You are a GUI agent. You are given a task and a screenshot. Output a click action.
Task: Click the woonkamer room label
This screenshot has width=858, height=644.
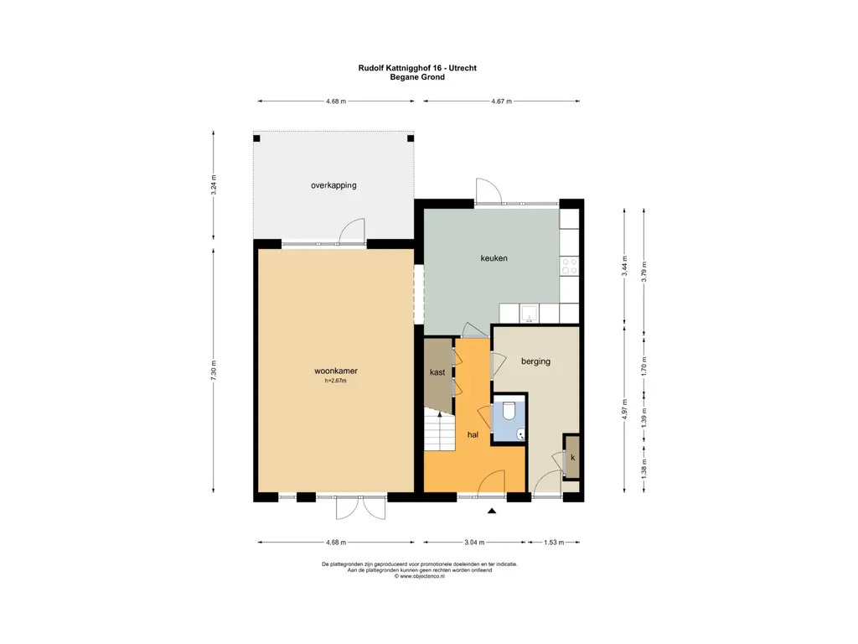pyautogui.click(x=335, y=371)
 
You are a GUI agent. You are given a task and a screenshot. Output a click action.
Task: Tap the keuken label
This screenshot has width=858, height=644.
pyautogui.click(x=494, y=258)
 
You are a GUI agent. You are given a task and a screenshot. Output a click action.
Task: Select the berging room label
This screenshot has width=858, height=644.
pyautogui.click(x=535, y=361)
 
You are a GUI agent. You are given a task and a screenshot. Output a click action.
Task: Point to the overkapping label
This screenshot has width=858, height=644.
pyautogui.click(x=333, y=185)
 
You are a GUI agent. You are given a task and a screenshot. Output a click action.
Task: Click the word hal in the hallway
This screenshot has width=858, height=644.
pyautogui.click(x=473, y=434)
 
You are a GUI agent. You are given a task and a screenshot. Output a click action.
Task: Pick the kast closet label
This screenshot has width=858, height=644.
pyautogui.click(x=437, y=372)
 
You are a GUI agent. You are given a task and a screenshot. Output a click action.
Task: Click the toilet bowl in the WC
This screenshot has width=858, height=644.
pyautogui.click(x=509, y=411)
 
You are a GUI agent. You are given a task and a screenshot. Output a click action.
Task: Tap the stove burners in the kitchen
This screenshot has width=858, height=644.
pyautogui.click(x=569, y=267)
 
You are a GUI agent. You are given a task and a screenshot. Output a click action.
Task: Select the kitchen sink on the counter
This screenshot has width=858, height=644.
pyautogui.click(x=529, y=314)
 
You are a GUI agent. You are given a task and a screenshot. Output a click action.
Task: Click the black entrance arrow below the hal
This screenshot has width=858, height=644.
pyautogui.click(x=491, y=511)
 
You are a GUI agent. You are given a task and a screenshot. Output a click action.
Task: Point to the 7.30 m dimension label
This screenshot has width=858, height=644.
pyautogui.click(x=214, y=370)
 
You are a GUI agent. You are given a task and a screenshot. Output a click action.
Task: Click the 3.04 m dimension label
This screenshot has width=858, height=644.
pyautogui.click(x=474, y=543)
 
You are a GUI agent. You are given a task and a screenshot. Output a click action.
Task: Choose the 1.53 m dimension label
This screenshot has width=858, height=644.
pyautogui.click(x=554, y=543)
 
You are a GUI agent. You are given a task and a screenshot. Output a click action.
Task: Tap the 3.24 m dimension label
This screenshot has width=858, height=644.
pyautogui.click(x=214, y=184)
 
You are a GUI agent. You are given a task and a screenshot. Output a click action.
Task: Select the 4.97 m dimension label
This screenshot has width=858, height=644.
pyautogui.click(x=624, y=408)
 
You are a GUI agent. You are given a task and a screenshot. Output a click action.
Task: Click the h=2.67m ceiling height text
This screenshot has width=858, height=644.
pyautogui.click(x=335, y=381)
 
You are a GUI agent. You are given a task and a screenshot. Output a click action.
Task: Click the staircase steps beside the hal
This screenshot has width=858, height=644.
pyautogui.click(x=439, y=431)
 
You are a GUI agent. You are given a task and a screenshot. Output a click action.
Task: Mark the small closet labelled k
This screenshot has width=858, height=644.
pyautogui.click(x=571, y=457)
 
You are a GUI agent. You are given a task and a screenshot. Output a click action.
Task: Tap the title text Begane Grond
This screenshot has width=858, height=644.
pyautogui.click(x=417, y=77)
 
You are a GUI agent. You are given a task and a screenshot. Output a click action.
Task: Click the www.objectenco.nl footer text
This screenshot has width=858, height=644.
pyautogui.click(x=419, y=576)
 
